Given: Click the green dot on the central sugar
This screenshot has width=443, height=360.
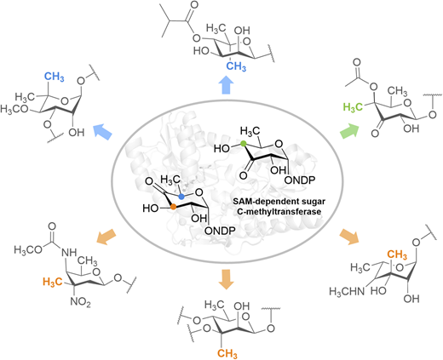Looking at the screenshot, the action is [243, 144].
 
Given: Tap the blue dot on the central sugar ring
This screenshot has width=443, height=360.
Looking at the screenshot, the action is [181, 197].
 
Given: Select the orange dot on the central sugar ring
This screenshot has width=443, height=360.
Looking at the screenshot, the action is [173, 207].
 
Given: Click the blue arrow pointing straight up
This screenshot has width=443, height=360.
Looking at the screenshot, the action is [227, 85].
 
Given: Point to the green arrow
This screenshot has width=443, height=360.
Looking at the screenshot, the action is [349, 131].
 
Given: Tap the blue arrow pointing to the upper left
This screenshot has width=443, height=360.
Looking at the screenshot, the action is [103, 131].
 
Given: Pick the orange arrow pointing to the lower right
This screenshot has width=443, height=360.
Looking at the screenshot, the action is [349, 237].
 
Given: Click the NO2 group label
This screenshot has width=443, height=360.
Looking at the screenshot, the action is [80, 302].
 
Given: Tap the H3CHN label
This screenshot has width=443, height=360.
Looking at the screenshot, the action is [347, 291].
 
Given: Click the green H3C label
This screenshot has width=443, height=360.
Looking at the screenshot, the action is [353, 107].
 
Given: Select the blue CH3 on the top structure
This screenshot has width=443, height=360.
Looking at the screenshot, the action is [236, 66].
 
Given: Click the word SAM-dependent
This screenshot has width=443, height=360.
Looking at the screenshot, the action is [261, 202].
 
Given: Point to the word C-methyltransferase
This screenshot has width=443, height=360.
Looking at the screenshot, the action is [279, 211].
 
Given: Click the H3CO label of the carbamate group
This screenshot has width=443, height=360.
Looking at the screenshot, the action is [28, 249].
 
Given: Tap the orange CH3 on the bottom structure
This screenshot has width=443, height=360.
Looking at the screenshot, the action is [227, 353].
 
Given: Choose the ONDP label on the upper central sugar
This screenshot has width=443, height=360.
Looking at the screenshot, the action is [300, 180].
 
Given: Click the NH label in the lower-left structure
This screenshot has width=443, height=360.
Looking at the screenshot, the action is [69, 252].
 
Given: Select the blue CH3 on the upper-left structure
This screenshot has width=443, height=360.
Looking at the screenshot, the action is [54, 77].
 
